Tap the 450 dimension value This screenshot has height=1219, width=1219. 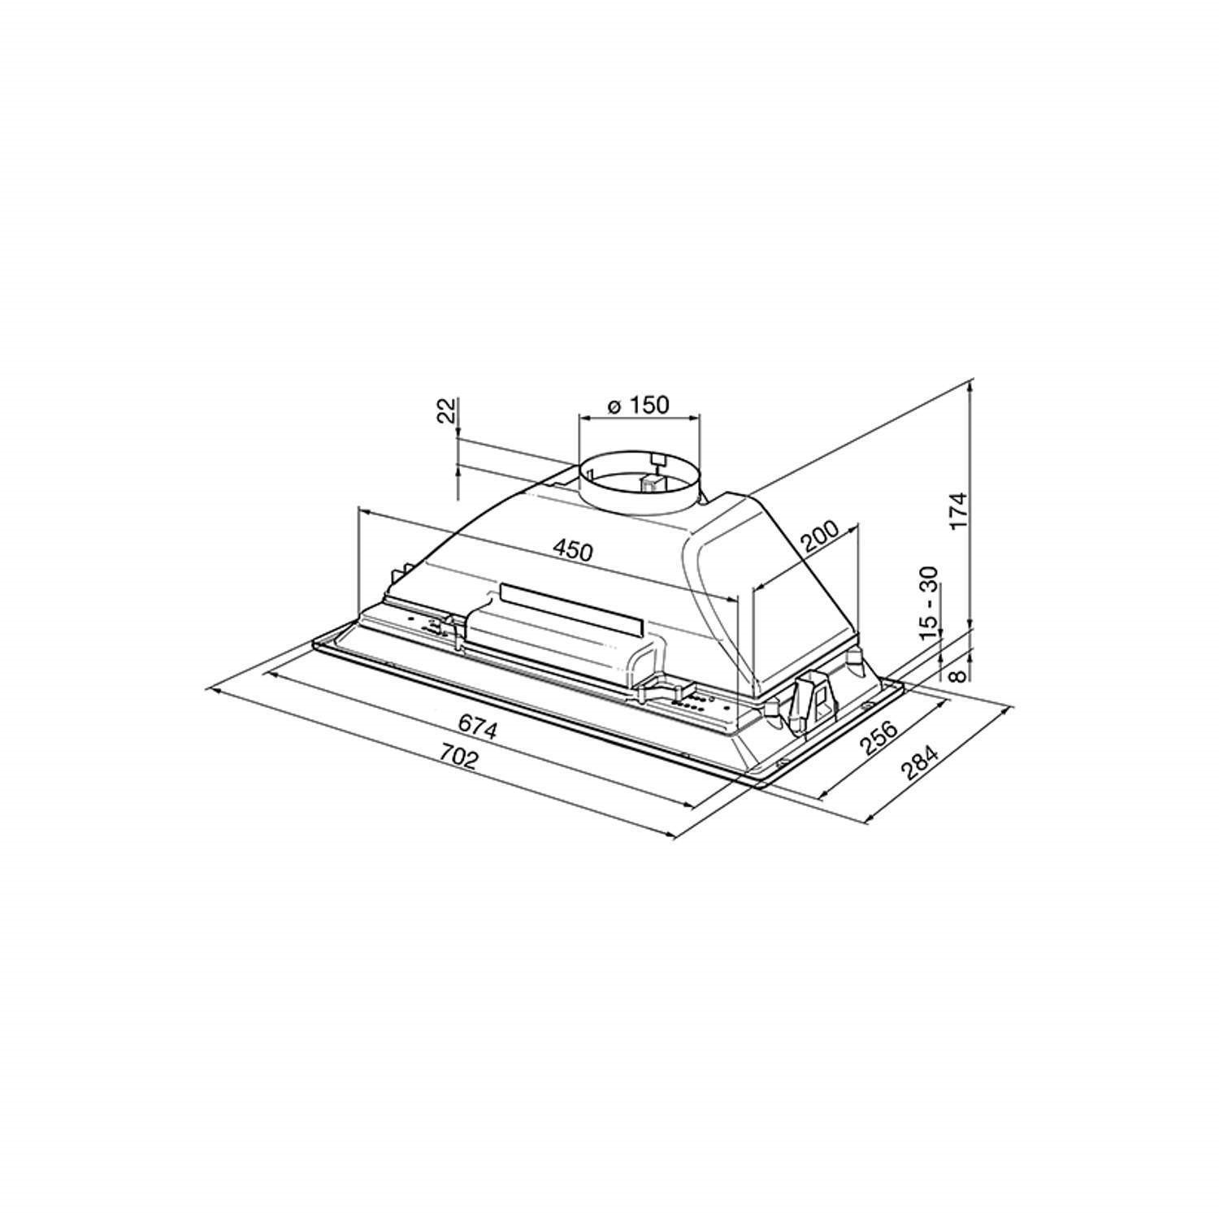pos(573,550)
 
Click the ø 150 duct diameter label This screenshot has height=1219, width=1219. pos(638,405)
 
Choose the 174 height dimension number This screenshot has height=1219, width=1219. pos(959,510)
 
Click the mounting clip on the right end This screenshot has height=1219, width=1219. pos(815,695)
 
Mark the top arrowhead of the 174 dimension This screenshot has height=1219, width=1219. pos(972,386)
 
